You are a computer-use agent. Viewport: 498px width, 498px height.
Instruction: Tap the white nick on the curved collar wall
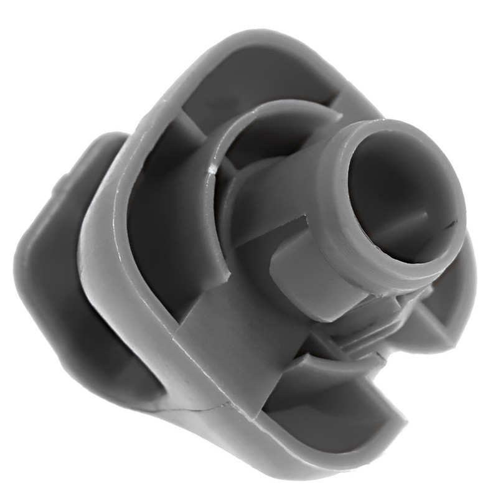[212, 168]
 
